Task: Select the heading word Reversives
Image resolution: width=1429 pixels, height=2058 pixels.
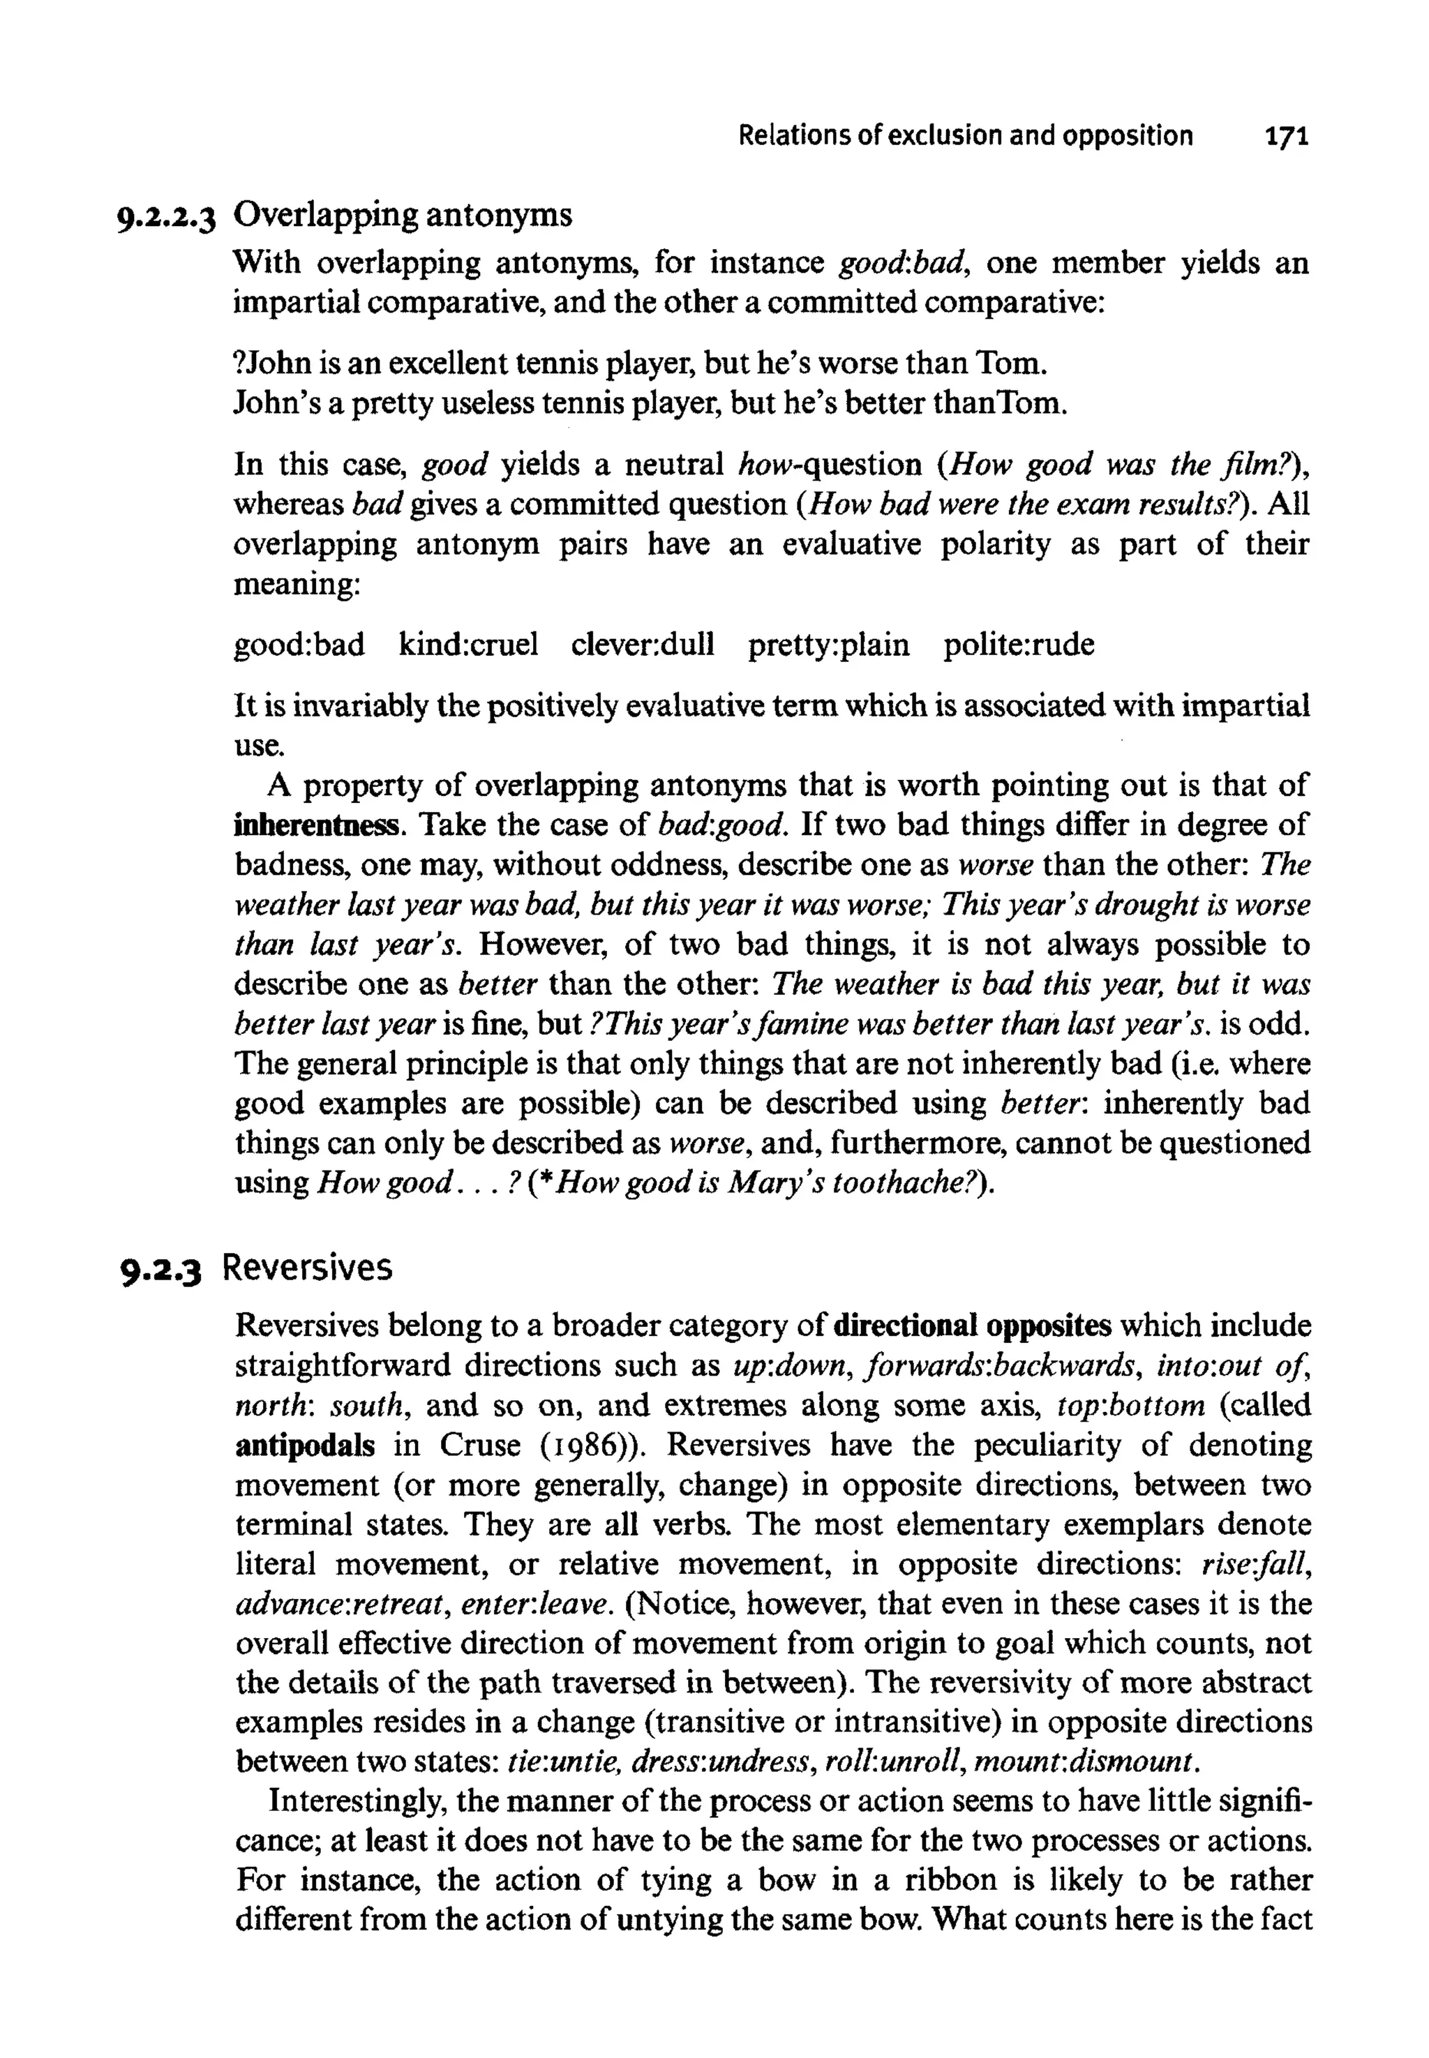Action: click(307, 1268)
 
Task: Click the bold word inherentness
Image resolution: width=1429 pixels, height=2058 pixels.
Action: click(316, 825)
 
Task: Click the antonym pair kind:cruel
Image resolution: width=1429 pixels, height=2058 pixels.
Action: click(468, 645)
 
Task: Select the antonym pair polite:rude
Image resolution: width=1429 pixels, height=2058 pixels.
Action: click(1018, 645)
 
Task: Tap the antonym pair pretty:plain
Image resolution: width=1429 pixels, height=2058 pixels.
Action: click(828, 645)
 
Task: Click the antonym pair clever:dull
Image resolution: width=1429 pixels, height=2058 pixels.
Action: click(643, 645)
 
